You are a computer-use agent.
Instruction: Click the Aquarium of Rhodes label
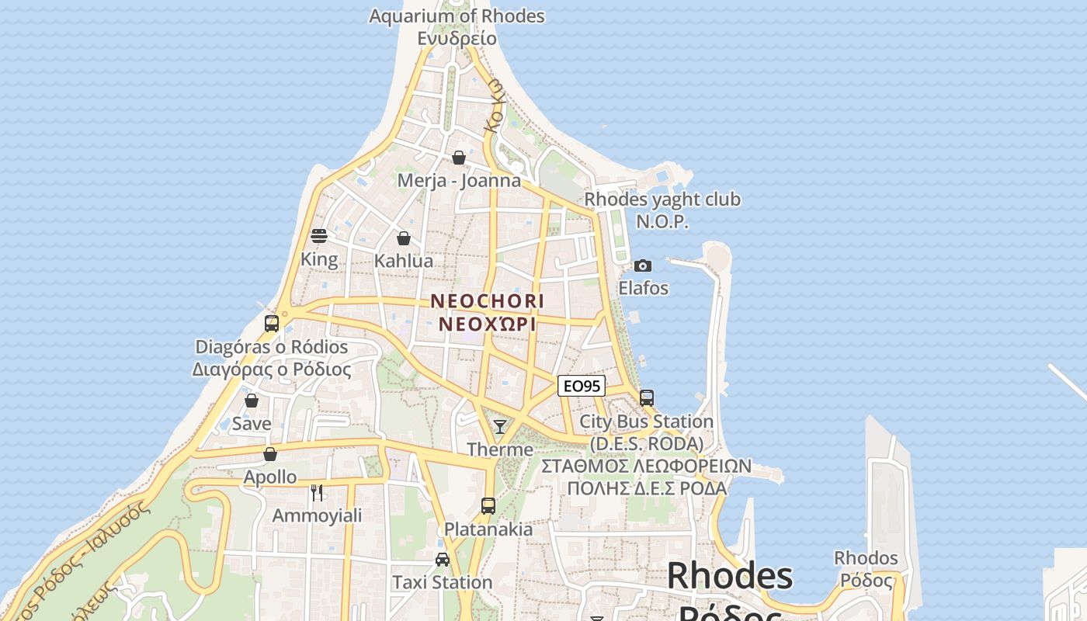(457, 16)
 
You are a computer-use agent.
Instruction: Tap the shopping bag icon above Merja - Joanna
(459, 158)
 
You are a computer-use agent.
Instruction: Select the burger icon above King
(318, 235)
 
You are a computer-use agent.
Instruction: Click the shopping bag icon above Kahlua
(403, 238)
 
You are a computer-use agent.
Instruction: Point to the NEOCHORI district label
(488, 300)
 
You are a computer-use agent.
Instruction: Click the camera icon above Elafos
(642, 265)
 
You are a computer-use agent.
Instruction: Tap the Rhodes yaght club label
(662, 199)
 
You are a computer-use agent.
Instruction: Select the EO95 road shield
(582, 386)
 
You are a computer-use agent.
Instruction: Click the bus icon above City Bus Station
(647, 398)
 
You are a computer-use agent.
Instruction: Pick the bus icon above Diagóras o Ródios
(272, 324)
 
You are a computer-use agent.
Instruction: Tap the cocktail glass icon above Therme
(500, 426)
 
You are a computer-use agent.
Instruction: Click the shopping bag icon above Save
(252, 401)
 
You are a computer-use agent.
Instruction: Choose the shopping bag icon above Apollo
(270, 454)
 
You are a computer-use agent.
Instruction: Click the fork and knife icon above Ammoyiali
(317, 492)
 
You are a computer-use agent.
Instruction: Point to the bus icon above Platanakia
(488, 506)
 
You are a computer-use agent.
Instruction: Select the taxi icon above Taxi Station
(443, 559)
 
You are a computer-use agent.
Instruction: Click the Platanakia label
(488, 529)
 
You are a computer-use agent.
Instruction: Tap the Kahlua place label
(404, 261)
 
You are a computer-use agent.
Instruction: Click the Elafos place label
(643, 288)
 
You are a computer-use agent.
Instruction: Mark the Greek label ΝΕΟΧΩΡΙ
(488, 324)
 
